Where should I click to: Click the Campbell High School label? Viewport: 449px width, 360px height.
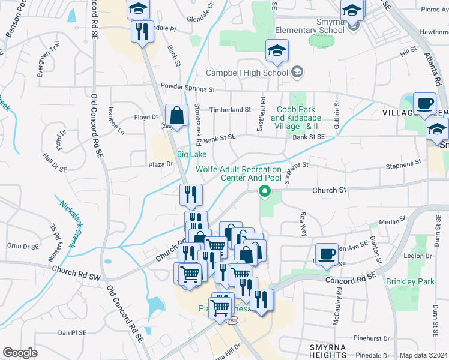coord(247,73)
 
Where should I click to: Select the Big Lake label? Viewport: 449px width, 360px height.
coord(191,154)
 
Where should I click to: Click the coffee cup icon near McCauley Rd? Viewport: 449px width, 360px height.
coord(327,253)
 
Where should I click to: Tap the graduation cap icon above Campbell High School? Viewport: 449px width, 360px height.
coord(277,52)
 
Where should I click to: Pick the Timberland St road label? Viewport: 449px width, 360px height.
coord(229,110)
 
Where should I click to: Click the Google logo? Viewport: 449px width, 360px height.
coord(20,353)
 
